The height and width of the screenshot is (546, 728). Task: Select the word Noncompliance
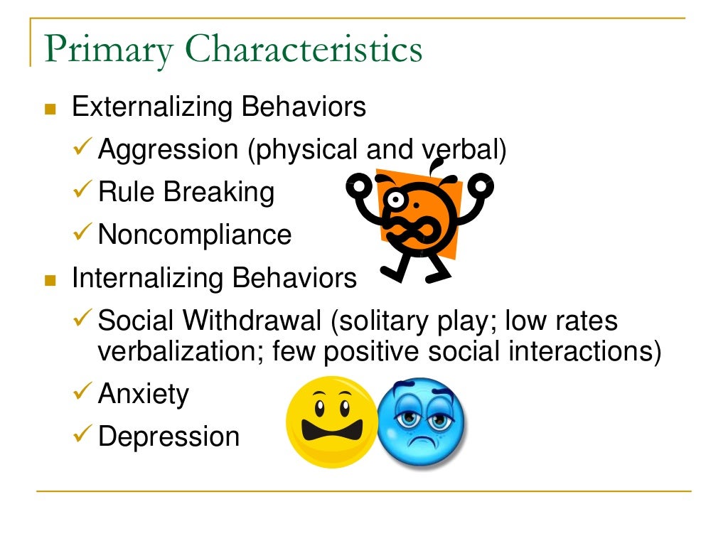(195, 235)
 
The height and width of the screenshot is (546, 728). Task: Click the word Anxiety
(144, 394)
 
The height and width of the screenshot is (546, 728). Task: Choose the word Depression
(168, 437)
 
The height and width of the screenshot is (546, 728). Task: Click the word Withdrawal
(252, 321)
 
